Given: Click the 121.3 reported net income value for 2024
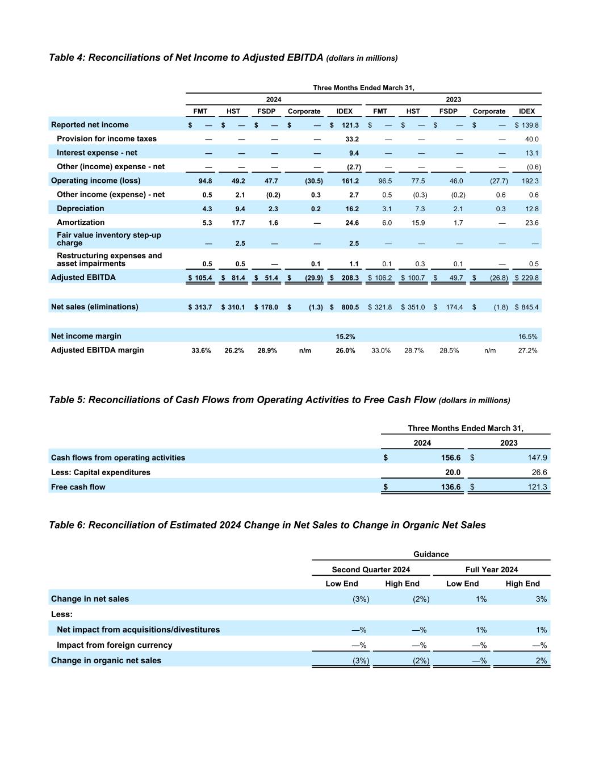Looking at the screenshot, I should (350, 125).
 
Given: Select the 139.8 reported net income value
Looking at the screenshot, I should (530, 125).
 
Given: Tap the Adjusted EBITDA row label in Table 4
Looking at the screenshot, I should (83, 278).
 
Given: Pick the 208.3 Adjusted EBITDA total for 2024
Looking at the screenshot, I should (350, 278).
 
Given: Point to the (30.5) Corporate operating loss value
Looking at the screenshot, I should (313, 181).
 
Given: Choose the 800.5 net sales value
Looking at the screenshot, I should (350, 307).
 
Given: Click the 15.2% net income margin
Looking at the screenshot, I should (345, 337).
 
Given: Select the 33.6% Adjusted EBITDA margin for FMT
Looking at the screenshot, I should (201, 351).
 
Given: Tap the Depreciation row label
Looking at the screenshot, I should (81, 208).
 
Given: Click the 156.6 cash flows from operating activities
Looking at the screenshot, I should (451, 458).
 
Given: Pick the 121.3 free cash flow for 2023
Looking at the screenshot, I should (538, 487).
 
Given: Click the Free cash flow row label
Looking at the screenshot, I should (78, 487).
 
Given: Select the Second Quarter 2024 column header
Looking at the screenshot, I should (371, 569).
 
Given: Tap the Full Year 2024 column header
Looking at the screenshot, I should (491, 569).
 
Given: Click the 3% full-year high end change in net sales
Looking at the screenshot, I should (541, 599).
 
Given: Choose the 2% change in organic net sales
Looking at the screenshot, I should (541, 661).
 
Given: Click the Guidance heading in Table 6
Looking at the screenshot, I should (431, 554).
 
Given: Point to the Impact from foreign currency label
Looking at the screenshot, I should (114, 645).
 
